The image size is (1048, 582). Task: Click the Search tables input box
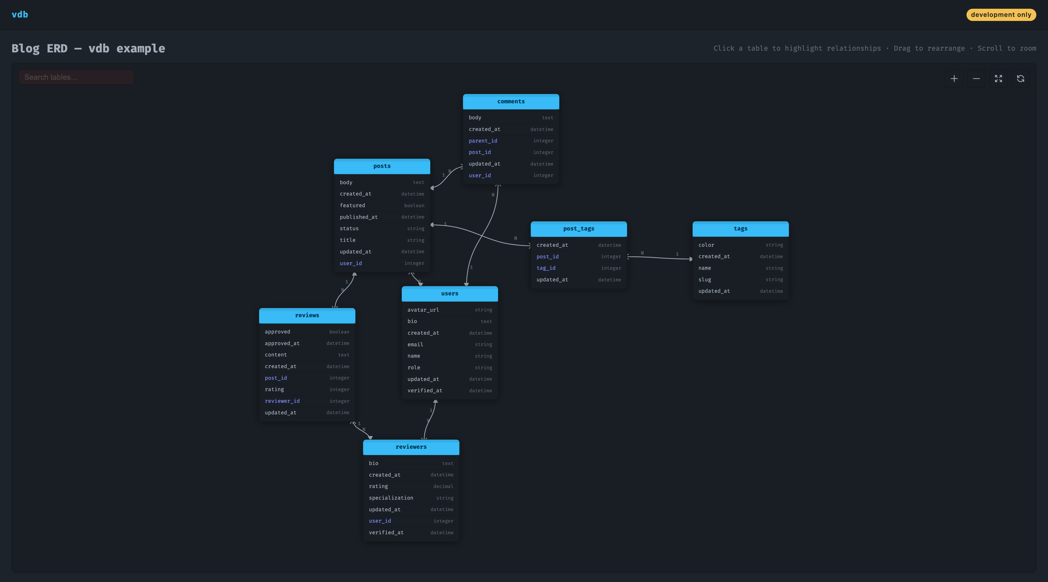(x=76, y=77)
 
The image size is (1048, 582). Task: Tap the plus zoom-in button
(x=954, y=79)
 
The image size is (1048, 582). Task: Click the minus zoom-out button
(x=976, y=79)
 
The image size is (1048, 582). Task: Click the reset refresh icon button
(x=1020, y=79)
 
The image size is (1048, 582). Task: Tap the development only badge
(x=1001, y=15)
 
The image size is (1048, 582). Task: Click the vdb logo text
(x=20, y=15)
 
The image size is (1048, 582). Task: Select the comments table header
(x=511, y=102)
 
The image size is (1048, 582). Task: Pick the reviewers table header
(x=411, y=447)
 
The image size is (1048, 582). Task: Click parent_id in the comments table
(x=483, y=141)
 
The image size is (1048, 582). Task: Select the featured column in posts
(x=352, y=205)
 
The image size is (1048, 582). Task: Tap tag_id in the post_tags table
(x=546, y=268)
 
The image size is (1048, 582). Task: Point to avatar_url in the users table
(x=423, y=310)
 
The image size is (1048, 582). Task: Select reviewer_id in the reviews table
(x=282, y=401)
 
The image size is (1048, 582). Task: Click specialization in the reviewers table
(x=391, y=498)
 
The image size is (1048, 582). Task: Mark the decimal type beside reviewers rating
(x=443, y=487)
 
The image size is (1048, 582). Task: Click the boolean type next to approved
(x=339, y=332)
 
